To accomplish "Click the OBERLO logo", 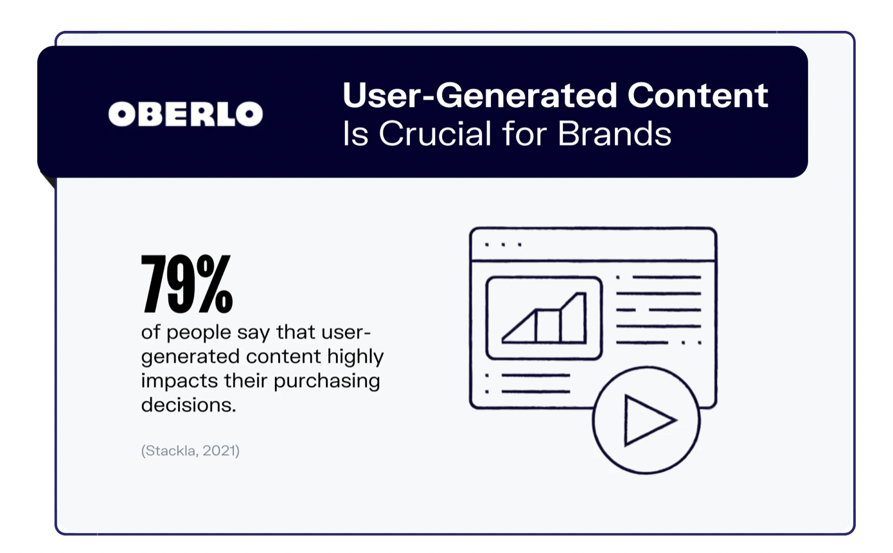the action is click(186, 114).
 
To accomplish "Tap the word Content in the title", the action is click(698, 95).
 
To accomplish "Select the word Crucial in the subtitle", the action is click(435, 134).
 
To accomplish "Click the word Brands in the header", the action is click(614, 134).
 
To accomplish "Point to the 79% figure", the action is click(186, 284).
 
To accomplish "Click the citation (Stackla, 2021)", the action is click(190, 451).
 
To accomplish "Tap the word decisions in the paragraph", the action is click(189, 405).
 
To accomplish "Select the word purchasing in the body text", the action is click(326, 382).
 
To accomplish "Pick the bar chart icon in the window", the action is click(544, 318).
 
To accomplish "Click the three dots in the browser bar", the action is click(502, 245).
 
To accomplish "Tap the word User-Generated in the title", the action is click(480, 95).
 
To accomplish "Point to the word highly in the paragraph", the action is click(355, 357).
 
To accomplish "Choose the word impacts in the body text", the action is click(179, 381).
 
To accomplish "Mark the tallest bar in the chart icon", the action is click(573, 318).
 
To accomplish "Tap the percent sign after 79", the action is click(215, 284).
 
